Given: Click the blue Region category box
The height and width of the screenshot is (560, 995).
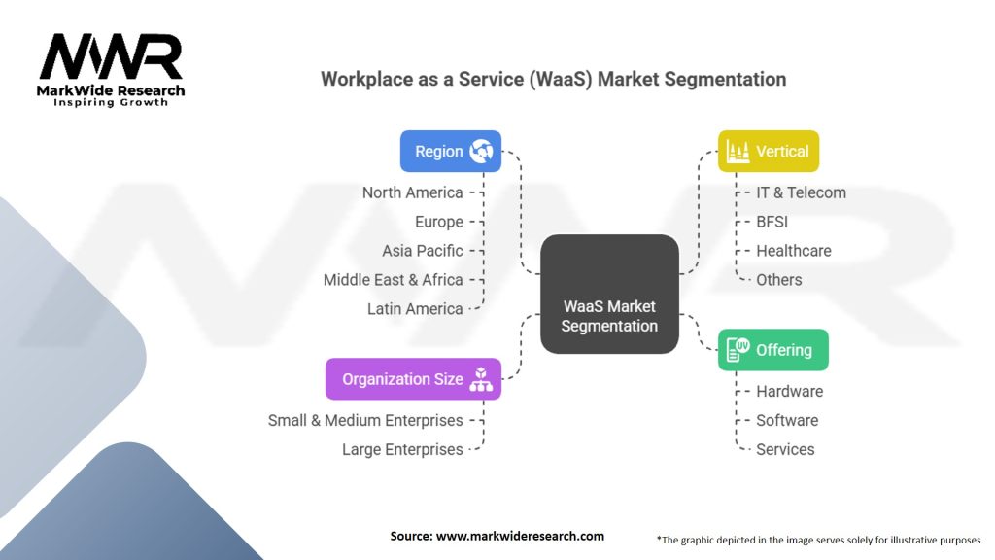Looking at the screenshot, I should [x=450, y=152].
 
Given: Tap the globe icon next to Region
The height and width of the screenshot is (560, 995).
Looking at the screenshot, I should [x=482, y=152].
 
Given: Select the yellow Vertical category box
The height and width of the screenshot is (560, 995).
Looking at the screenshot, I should [x=769, y=152].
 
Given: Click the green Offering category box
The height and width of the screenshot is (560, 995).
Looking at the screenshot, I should [x=772, y=350].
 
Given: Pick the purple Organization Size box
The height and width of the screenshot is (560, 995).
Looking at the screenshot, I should [x=413, y=379].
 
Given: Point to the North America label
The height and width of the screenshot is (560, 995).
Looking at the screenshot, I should [x=412, y=192].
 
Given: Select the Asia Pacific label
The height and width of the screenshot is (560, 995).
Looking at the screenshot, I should [x=423, y=251].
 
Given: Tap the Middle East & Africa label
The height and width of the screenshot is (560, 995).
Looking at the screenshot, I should [x=394, y=280].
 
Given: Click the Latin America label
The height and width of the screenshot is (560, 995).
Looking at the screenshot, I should [x=415, y=309].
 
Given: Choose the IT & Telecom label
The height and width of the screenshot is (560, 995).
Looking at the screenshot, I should [x=802, y=192].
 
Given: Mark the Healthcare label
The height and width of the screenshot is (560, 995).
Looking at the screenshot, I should [x=794, y=251].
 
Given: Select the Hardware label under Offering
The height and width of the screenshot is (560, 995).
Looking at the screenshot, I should [x=790, y=391].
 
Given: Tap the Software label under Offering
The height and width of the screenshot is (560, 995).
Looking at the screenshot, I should [x=787, y=420].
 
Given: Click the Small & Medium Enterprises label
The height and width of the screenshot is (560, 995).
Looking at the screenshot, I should [x=365, y=420].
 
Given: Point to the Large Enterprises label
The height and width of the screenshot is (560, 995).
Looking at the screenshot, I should [x=402, y=449].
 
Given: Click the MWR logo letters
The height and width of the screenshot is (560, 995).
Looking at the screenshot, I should [x=111, y=58].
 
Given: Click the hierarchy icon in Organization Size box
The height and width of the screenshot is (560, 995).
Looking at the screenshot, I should [x=481, y=379].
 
